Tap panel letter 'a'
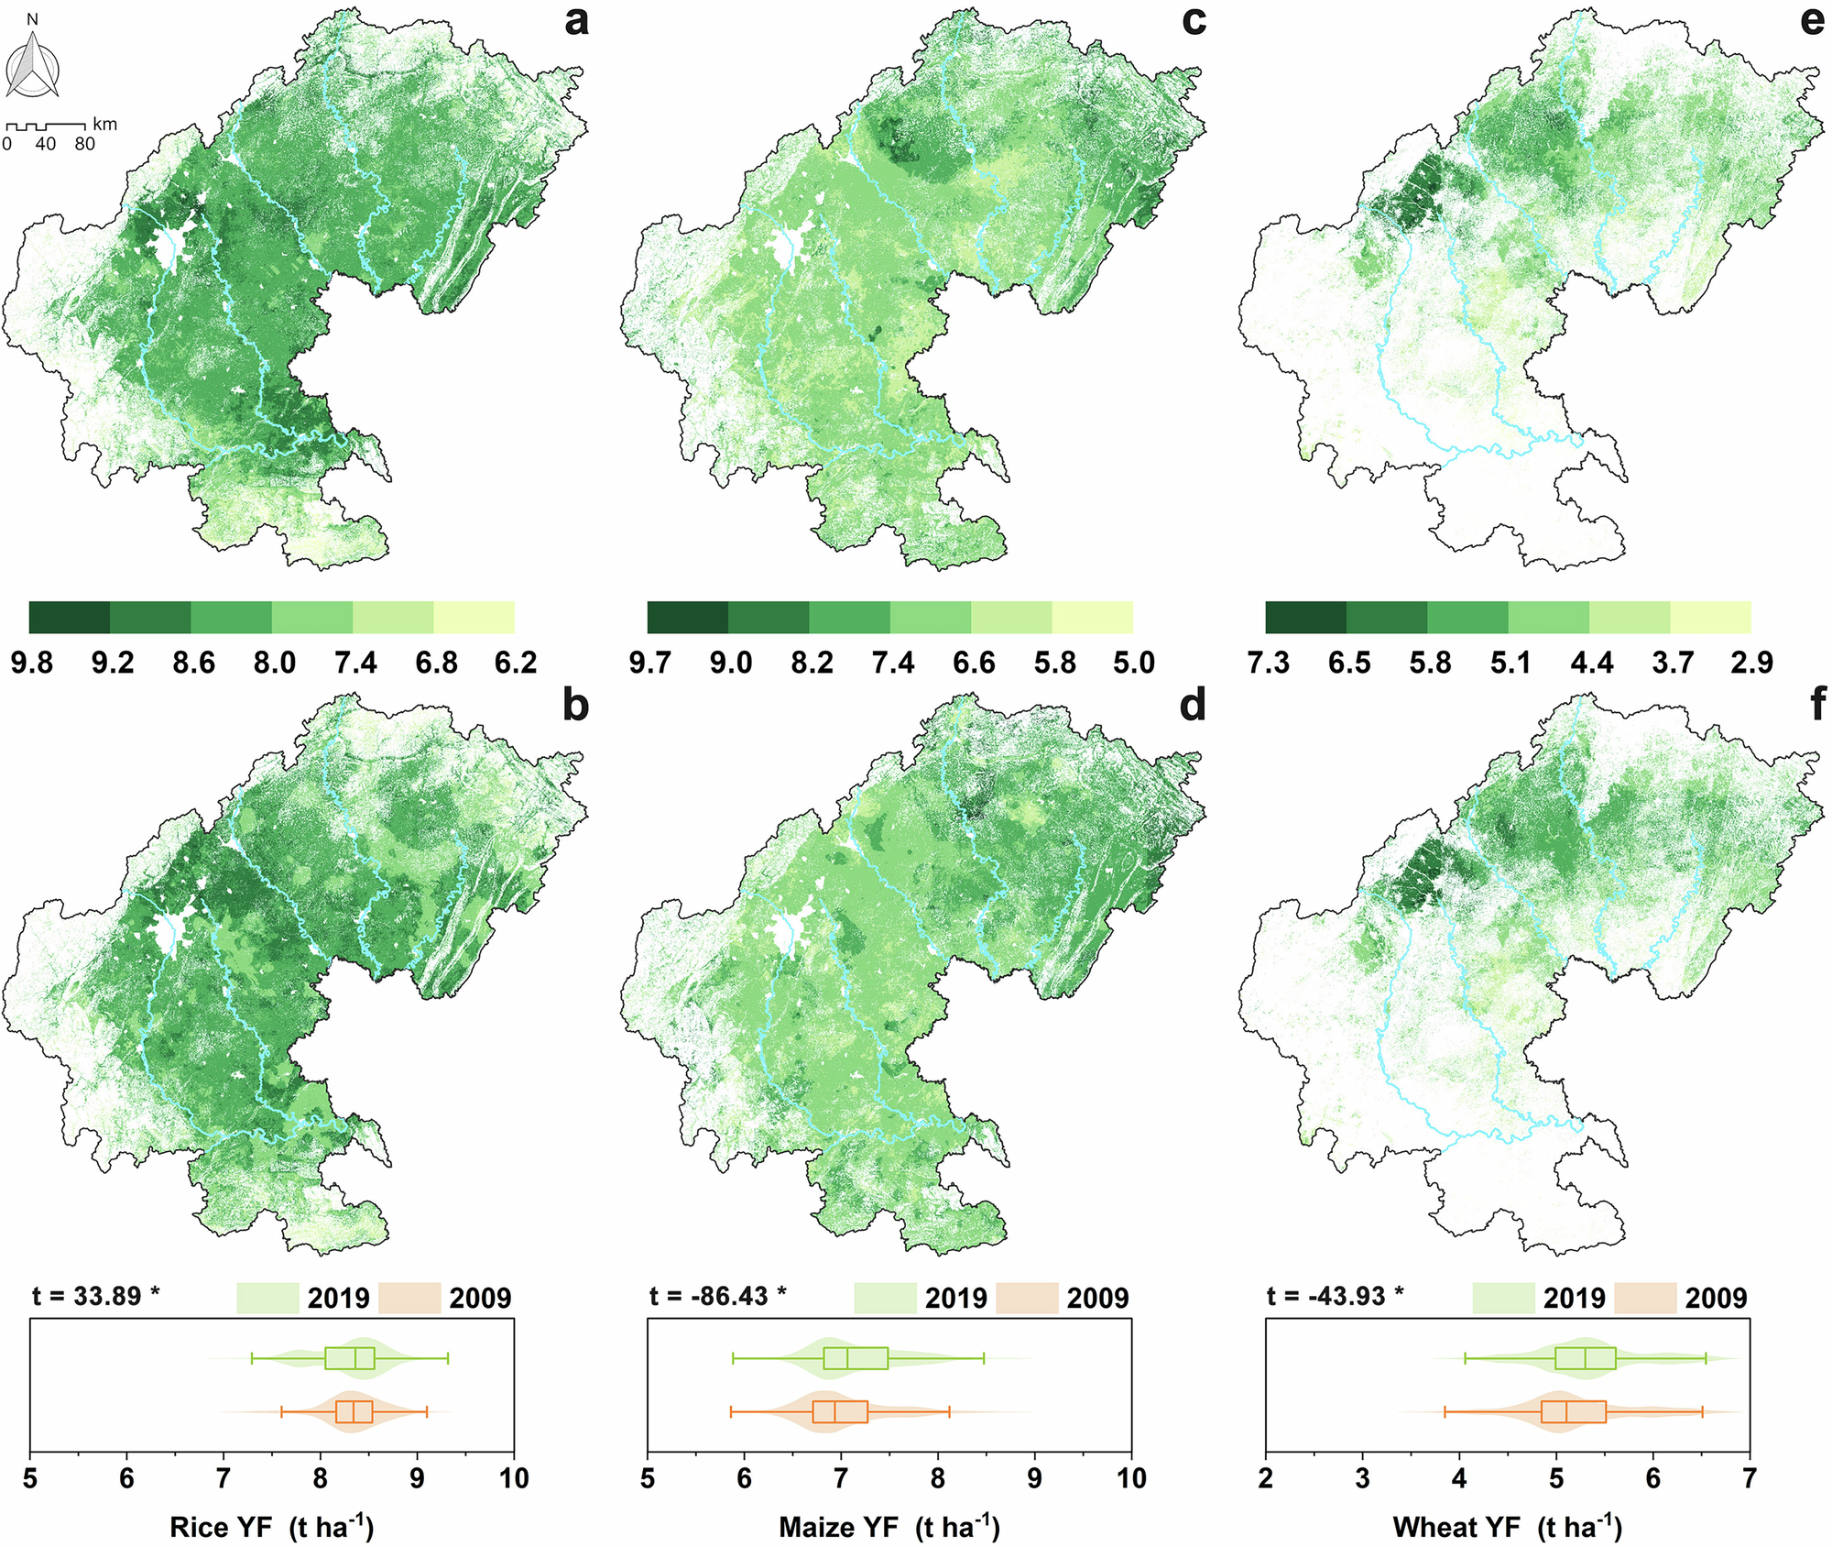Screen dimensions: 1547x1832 coord(575,20)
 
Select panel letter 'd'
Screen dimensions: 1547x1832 coord(1193,705)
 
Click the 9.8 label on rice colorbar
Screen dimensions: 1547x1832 coord(32,662)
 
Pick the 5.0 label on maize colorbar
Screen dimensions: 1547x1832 coord(1133,662)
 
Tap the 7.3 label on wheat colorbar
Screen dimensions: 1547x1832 coord(1269,662)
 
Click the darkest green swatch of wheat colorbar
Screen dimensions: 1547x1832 coord(1305,618)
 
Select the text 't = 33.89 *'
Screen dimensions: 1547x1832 coord(96,1295)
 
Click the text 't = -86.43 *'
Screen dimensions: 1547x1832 coord(718,1295)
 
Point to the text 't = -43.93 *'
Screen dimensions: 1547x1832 coord(1336,1295)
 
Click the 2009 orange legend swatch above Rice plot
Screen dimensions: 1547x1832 coord(409,1298)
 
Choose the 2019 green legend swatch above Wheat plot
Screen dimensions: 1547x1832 coord(1503,1298)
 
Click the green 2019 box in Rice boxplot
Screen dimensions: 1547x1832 coord(349,1358)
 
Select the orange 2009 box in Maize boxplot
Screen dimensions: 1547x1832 coord(840,1412)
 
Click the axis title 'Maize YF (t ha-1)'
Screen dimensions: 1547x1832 coord(889,1527)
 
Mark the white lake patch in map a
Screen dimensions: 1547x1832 coord(169,248)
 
